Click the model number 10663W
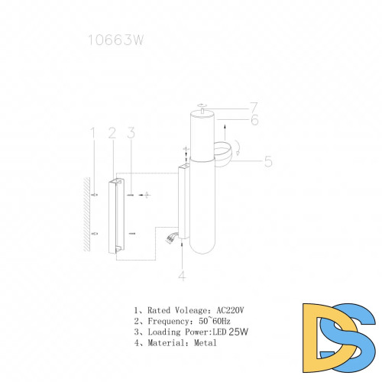click(x=115, y=40)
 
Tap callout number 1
click(x=93, y=133)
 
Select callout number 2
click(x=112, y=133)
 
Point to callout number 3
click(x=131, y=133)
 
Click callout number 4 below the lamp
click(x=182, y=276)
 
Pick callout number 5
click(x=268, y=161)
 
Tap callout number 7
click(x=254, y=107)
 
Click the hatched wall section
click(x=87, y=215)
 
